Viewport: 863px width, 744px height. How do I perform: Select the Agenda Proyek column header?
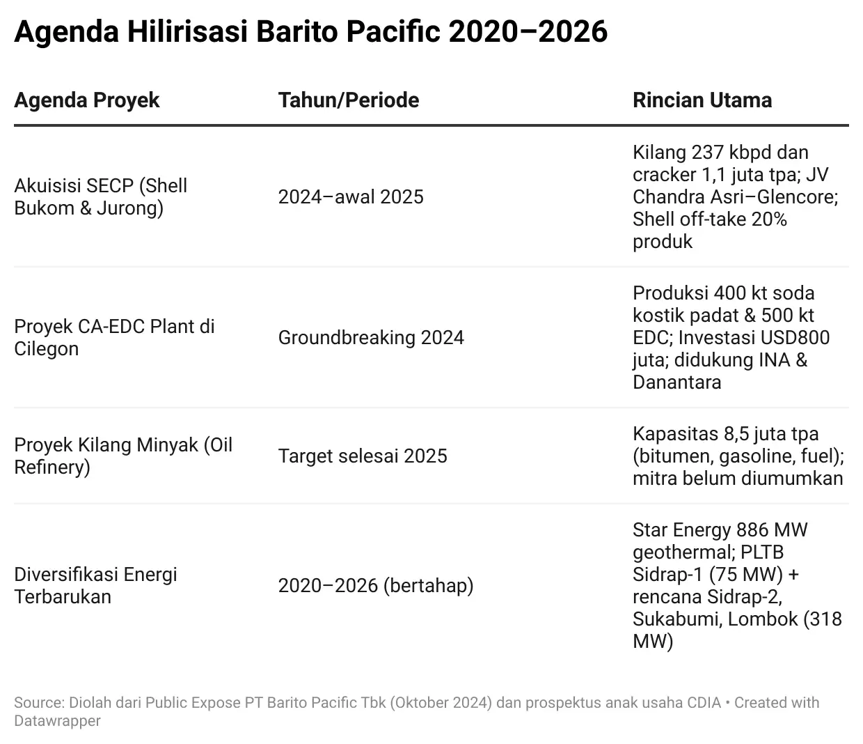click(x=87, y=100)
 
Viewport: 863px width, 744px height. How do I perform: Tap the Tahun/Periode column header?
click(x=349, y=100)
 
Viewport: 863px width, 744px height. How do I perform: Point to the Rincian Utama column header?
click(x=702, y=100)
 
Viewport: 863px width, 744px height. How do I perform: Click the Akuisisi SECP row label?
click(x=101, y=197)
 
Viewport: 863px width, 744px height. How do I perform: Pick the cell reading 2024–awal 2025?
click(x=351, y=197)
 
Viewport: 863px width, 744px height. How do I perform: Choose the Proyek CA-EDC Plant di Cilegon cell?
click(x=114, y=338)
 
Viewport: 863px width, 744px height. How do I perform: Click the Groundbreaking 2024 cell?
click(x=371, y=338)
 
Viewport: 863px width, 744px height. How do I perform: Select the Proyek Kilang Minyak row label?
click(x=123, y=456)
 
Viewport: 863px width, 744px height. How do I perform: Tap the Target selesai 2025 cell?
click(x=363, y=456)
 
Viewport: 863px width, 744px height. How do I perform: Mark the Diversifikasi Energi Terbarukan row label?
click(x=95, y=586)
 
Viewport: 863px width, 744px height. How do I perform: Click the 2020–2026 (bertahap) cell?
click(x=376, y=586)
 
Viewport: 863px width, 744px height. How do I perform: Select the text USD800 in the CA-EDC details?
click(x=795, y=338)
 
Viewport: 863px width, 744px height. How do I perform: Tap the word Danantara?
click(x=676, y=382)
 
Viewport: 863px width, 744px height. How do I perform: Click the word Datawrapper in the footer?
click(x=57, y=721)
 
